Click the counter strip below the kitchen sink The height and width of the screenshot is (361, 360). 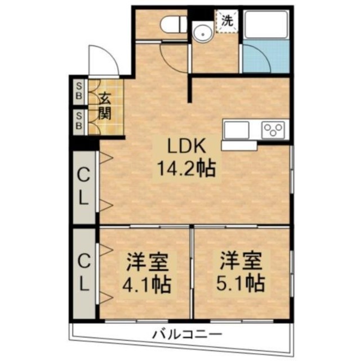tap(239, 146)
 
